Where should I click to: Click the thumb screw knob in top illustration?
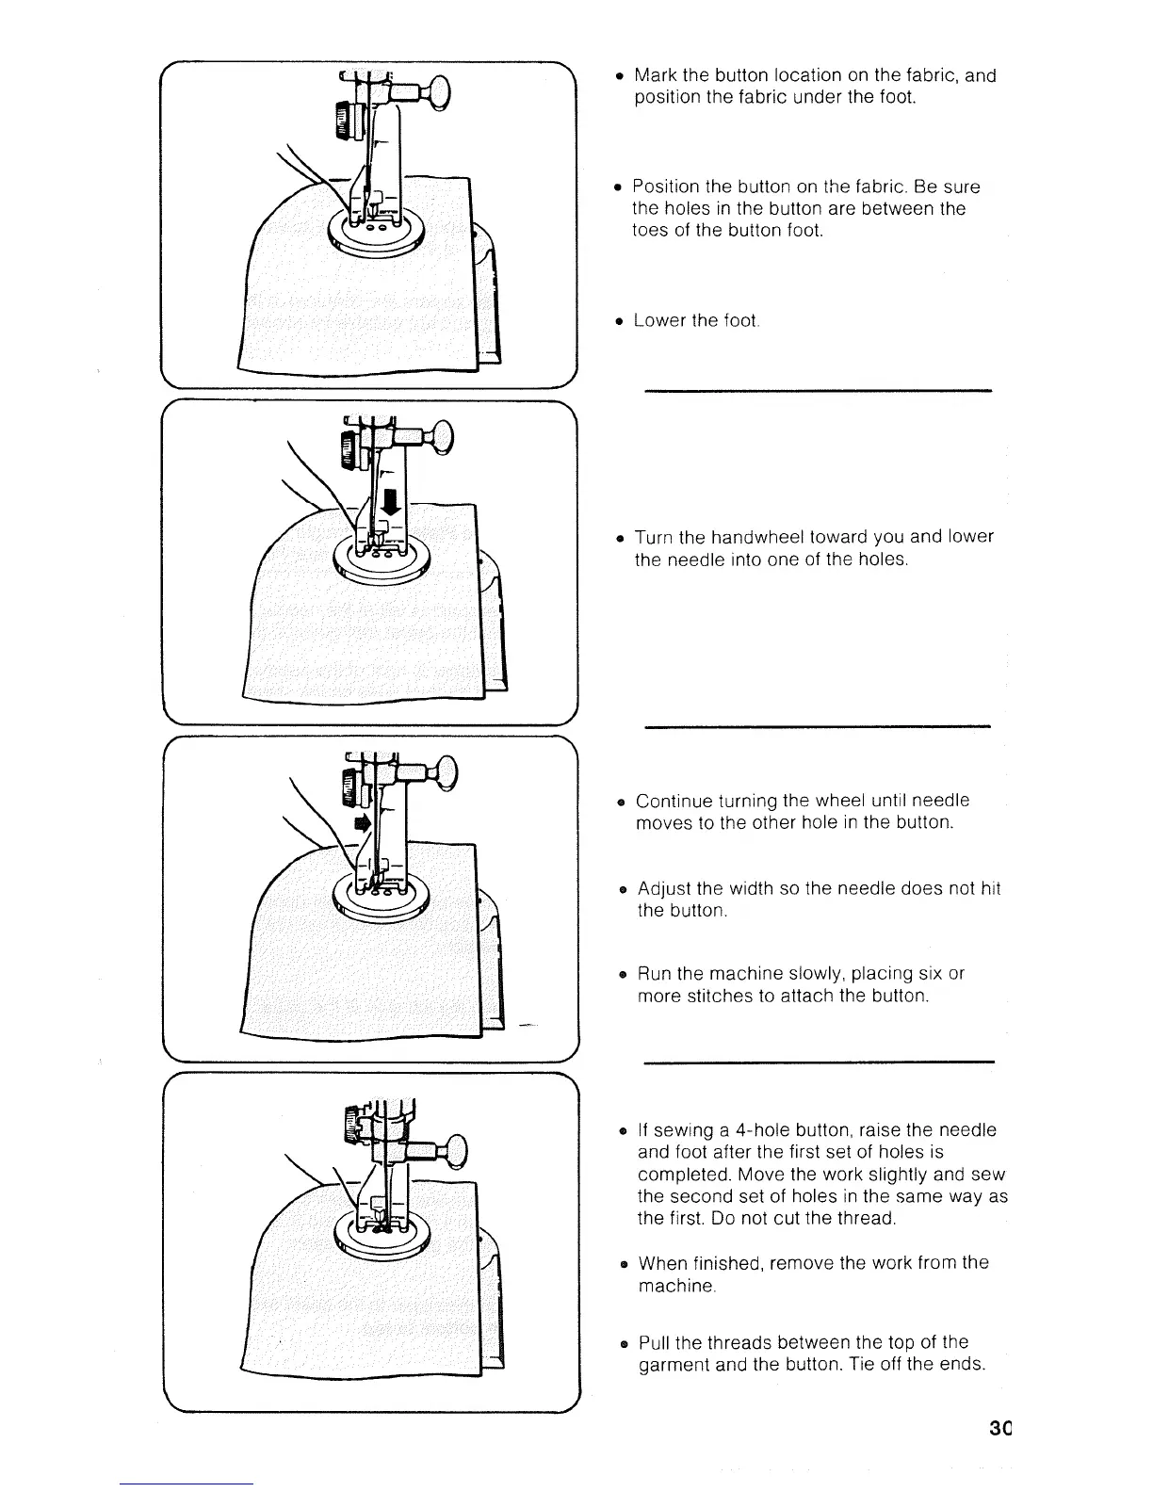pyautogui.click(x=440, y=92)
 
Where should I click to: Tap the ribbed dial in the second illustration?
pyautogui.click(x=348, y=450)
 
